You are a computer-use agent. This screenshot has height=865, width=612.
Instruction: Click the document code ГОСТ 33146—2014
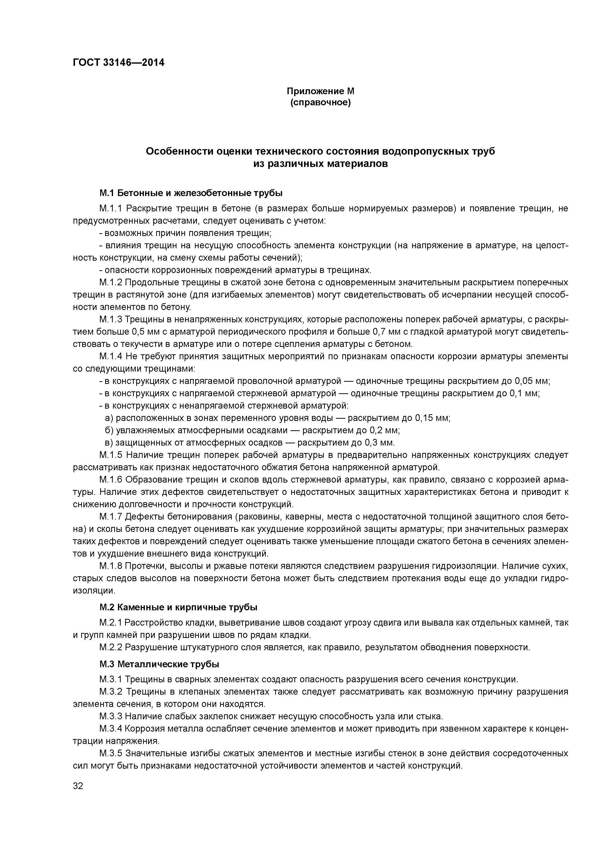click(118, 63)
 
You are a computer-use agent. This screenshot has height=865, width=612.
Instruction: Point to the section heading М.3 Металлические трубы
click(159, 664)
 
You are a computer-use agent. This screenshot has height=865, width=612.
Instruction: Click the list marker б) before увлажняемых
click(109, 430)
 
